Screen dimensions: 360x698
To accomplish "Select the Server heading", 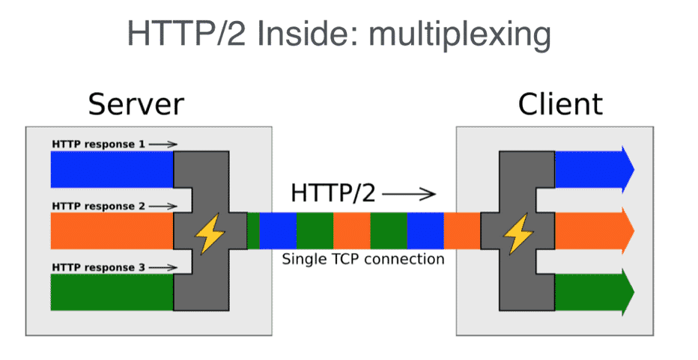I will tap(136, 104).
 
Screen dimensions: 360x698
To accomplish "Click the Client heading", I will tap(560, 104).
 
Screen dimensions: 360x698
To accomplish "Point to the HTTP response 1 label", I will tap(98, 144).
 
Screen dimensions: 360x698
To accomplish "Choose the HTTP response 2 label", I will tap(98, 206).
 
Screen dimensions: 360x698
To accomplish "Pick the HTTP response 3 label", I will tap(98, 267).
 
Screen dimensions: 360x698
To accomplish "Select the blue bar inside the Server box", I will tap(112, 169).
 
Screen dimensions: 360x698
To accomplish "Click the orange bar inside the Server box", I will tap(112, 231).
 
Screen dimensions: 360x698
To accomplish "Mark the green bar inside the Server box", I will tap(112, 292).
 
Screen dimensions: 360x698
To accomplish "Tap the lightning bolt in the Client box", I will tap(516, 234).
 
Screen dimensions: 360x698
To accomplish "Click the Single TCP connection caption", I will tap(362, 260).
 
